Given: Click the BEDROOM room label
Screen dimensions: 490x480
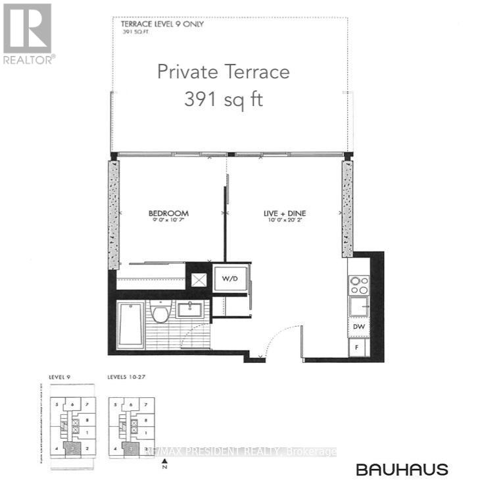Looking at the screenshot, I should pyautogui.click(x=168, y=213).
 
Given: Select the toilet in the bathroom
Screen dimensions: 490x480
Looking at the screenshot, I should pyautogui.click(x=159, y=311).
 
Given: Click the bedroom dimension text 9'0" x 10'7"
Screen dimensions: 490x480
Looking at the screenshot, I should pyautogui.click(x=168, y=222).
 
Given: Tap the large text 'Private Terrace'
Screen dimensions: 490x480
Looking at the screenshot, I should pyautogui.click(x=223, y=71).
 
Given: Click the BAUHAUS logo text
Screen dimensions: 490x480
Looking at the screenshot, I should pyautogui.click(x=402, y=470).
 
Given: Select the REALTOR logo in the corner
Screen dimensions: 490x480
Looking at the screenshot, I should pyautogui.click(x=28, y=33).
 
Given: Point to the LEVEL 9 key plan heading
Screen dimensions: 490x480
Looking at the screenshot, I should pyautogui.click(x=59, y=378).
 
